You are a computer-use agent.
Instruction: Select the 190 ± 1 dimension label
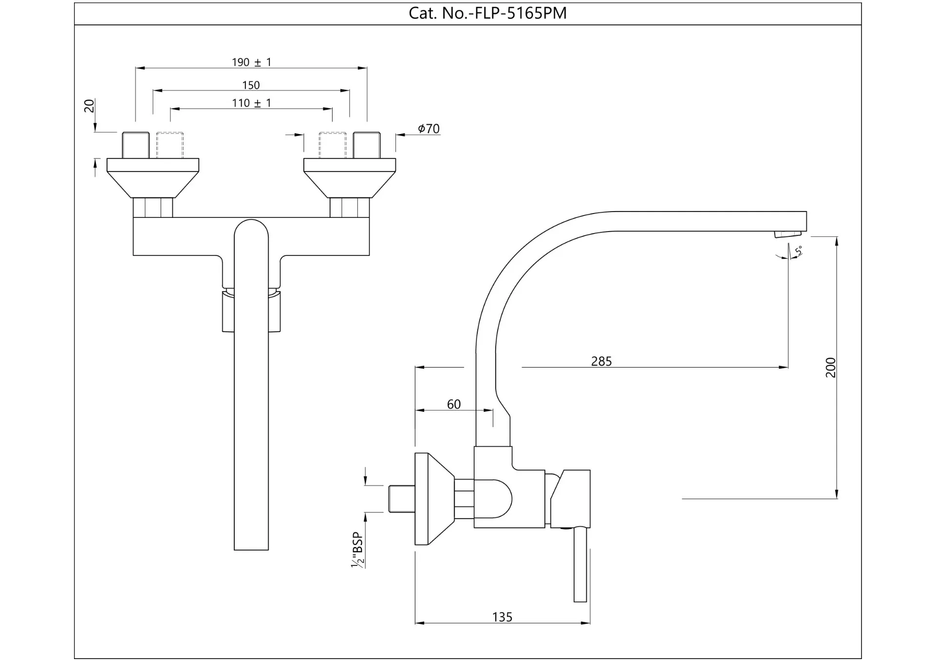[x=251, y=62]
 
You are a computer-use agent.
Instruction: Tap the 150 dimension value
[x=251, y=85]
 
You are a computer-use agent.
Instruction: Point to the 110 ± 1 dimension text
[x=251, y=103]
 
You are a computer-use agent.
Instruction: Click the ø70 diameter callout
[x=429, y=129]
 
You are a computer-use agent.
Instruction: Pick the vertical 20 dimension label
[x=90, y=106]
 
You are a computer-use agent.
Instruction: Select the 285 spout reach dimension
[x=601, y=361]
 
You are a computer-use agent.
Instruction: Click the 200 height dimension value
[x=831, y=368]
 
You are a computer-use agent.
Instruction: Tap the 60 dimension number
[x=453, y=404]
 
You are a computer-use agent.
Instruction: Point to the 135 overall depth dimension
[x=502, y=617]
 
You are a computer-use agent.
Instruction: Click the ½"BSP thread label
[x=358, y=550]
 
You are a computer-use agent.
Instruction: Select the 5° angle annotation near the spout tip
[x=798, y=251]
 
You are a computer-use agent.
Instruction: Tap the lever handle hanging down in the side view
[x=580, y=565]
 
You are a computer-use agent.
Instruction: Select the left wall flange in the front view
[x=153, y=177]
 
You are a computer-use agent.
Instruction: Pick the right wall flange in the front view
[x=350, y=177]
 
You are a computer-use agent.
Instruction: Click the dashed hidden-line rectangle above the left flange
[x=170, y=145]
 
